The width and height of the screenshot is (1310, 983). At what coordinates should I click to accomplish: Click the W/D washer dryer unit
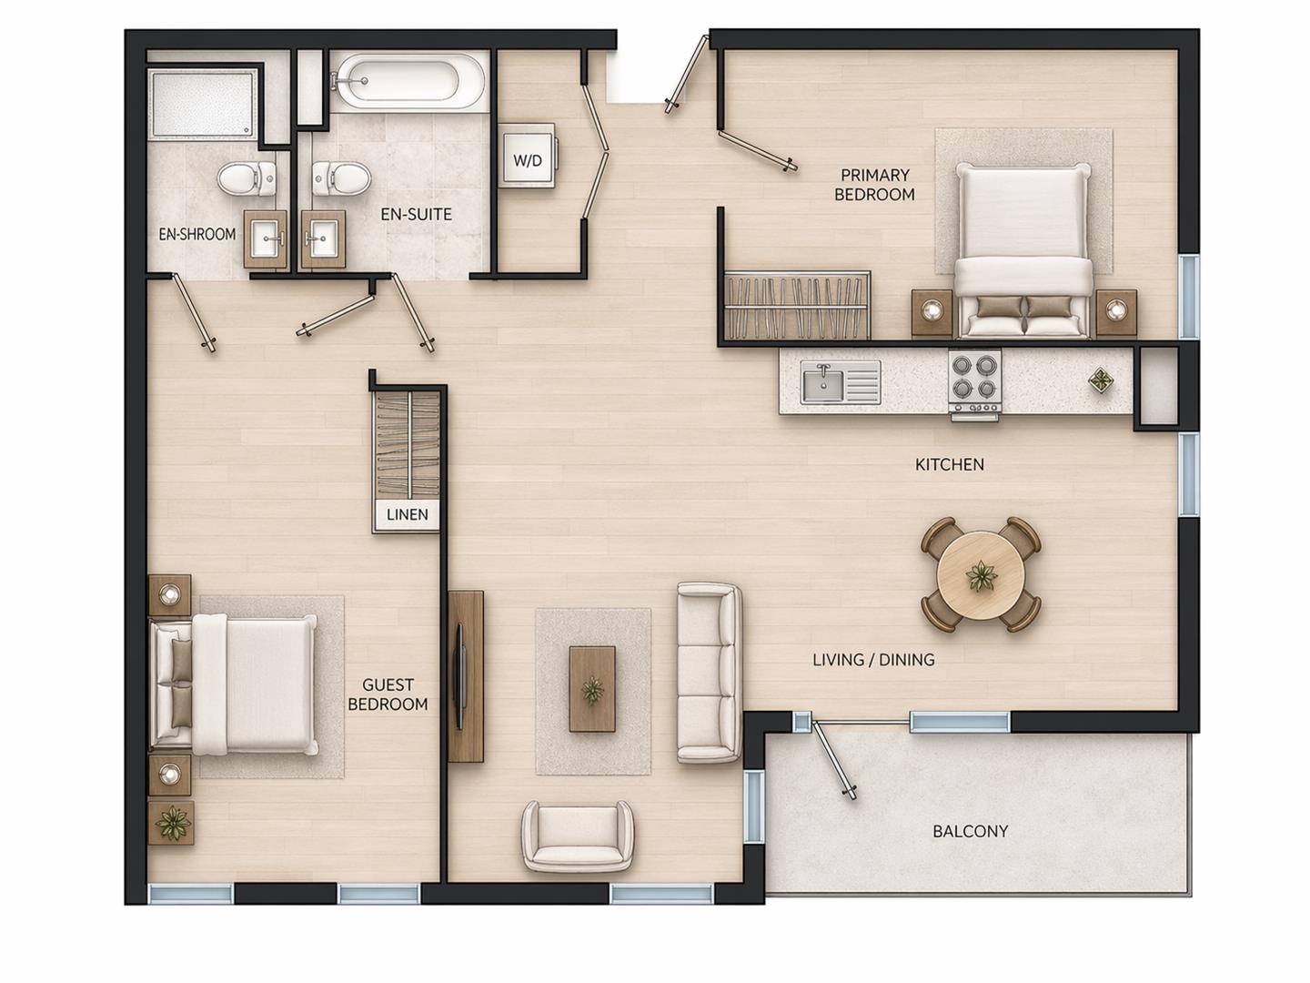click(527, 160)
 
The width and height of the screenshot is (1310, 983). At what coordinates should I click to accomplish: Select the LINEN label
click(407, 515)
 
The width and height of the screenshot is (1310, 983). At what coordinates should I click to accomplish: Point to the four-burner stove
click(975, 383)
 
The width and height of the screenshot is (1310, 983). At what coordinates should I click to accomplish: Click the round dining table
click(981, 575)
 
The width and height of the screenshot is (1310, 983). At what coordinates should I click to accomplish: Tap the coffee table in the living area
click(592, 688)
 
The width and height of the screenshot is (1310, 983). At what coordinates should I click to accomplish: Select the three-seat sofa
click(709, 674)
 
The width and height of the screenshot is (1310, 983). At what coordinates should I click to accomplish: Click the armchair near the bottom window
click(578, 836)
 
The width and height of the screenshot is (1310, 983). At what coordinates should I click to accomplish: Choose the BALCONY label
click(970, 831)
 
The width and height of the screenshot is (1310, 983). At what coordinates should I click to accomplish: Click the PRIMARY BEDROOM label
click(874, 185)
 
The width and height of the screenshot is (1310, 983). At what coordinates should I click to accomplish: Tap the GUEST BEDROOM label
click(388, 694)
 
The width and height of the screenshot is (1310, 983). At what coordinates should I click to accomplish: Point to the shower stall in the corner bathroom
click(203, 104)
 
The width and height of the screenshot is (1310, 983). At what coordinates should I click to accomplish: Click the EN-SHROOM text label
click(197, 234)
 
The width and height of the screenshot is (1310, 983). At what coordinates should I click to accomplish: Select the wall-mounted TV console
click(465, 675)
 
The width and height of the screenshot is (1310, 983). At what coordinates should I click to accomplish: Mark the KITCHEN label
click(949, 464)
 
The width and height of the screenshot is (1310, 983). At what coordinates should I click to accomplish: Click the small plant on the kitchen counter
click(1100, 381)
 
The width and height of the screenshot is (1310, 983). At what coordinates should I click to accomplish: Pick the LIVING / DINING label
click(873, 660)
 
